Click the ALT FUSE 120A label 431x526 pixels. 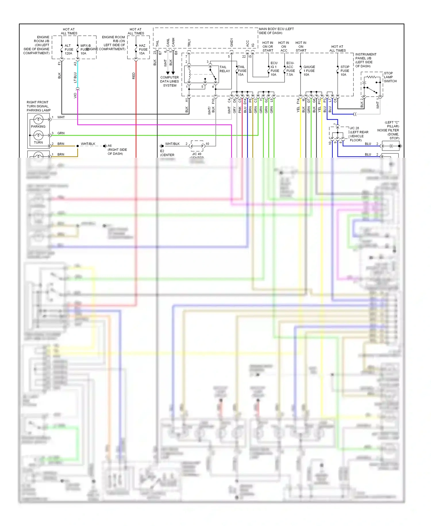[69, 49]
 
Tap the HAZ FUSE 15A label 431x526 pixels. [143, 49]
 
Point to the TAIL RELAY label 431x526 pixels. [224, 69]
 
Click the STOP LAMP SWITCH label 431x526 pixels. [390, 77]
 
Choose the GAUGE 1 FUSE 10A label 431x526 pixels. [309, 71]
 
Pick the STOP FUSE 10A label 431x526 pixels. [345, 71]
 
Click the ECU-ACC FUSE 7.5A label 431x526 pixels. [290, 69]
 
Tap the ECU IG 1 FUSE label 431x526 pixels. [274, 69]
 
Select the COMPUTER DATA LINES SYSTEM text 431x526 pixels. [170, 81]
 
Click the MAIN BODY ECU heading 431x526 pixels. [276, 31]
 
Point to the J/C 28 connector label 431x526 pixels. [354, 128]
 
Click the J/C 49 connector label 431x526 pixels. [197, 154]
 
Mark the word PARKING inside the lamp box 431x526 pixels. [38, 127]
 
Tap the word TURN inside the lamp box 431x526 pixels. [38, 142]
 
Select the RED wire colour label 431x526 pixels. [134, 76]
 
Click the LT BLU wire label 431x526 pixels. [75, 77]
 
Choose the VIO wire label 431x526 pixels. [75, 95]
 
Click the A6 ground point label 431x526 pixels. [110, 146]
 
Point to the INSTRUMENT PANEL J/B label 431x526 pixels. [365, 60]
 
